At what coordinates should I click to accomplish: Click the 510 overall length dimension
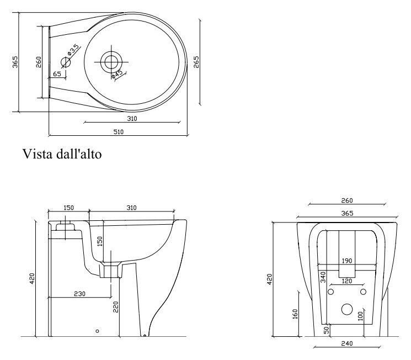[119, 132]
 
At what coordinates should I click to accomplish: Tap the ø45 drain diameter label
[117, 74]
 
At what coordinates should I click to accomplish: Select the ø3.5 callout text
[73, 50]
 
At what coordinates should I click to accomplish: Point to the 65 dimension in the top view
[57, 74]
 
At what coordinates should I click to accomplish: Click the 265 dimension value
[196, 62]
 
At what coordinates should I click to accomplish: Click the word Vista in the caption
[38, 153]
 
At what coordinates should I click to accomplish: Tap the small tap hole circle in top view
[66, 62]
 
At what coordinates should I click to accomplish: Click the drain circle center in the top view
[111, 62]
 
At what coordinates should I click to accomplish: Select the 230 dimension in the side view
[79, 294]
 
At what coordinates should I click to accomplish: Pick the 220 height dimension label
[116, 307]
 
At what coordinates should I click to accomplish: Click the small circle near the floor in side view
[97, 331]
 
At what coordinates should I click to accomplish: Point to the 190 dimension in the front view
[347, 261]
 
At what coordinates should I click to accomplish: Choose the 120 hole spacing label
[347, 281]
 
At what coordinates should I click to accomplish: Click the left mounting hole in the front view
[331, 292]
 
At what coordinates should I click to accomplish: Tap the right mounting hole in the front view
[363, 292]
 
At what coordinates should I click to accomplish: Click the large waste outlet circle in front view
[347, 309]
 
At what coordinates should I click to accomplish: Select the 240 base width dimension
[347, 343]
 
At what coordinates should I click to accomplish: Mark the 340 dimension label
[323, 277]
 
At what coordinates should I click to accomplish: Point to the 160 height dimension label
[295, 314]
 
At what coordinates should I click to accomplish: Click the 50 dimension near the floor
[327, 330]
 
